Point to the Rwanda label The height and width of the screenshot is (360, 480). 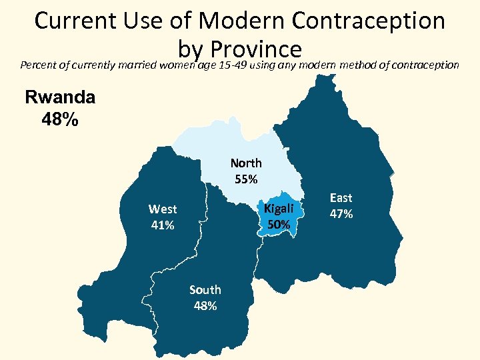point(60,97)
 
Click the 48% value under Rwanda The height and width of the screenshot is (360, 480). point(60,121)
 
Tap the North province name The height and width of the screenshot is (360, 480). point(246,163)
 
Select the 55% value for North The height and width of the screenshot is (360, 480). point(246,179)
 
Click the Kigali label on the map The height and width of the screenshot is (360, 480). point(279,209)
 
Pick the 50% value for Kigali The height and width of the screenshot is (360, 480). point(279,225)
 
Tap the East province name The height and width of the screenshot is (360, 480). point(341,198)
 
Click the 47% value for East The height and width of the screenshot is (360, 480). point(341,214)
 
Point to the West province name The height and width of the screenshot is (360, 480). point(163,209)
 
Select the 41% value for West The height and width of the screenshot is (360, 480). point(163,225)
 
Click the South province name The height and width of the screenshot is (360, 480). point(205,290)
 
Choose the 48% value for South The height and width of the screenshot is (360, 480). point(205,306)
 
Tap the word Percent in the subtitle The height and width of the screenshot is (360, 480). point(38,65)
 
